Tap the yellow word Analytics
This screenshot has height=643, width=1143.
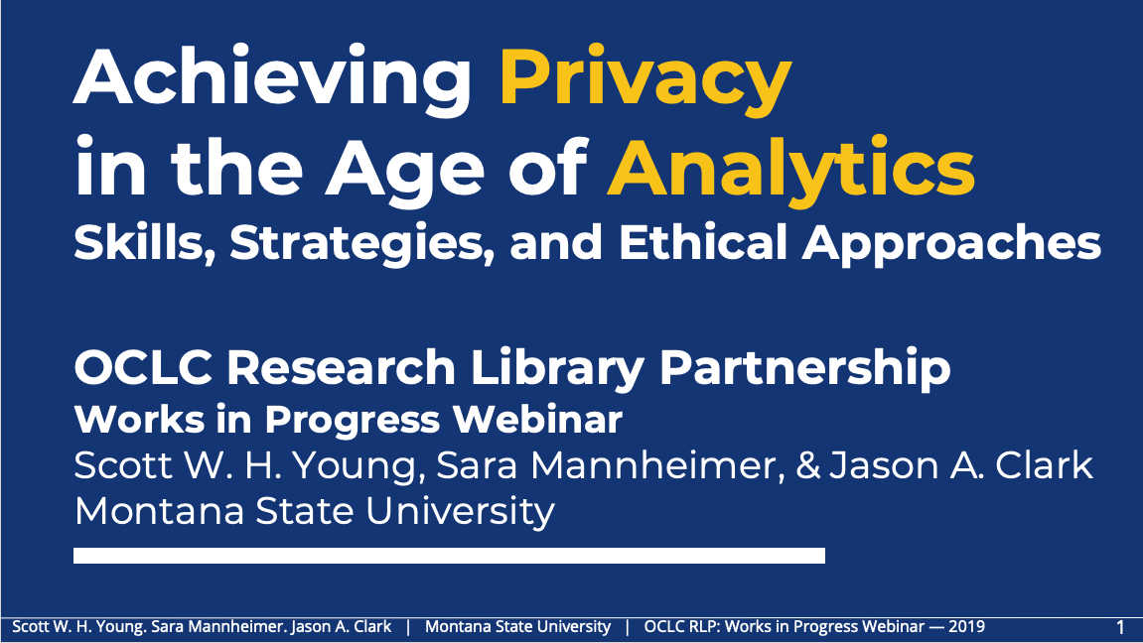click(x=790, y=172)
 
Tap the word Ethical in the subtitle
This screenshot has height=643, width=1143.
click(x=703, y=242)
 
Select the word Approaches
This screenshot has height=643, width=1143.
click(x=951, y=244)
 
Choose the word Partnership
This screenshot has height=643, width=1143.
click(x=804, y=368)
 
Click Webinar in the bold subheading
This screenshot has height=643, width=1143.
click(x=537, y=420)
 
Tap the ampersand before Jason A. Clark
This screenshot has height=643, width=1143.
click(x=808, y=466)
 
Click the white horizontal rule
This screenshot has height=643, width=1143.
click(x=449, y=556)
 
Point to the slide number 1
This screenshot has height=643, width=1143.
click(x=1120, y=627)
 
